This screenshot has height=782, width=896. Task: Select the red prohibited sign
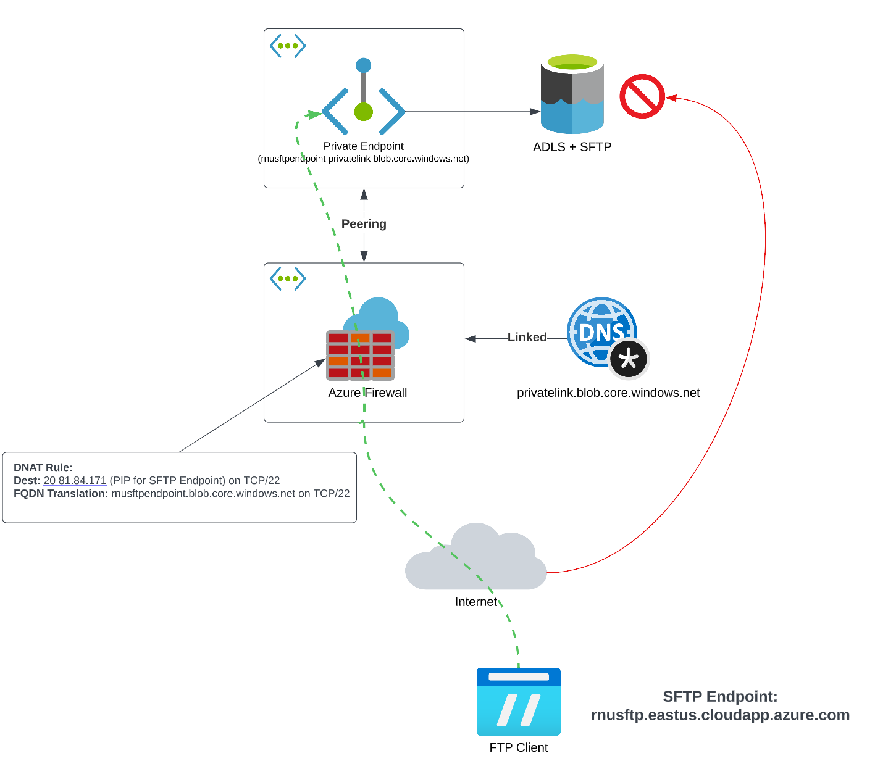(x=642, y=96)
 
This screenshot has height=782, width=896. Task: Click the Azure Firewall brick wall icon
(x=361, y=355)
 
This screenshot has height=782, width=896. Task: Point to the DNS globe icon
(x=600, y=333)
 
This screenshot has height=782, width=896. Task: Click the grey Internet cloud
(x=476, y=559)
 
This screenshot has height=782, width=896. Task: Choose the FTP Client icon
(x=519, y=702)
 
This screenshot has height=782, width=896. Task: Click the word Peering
(x=364, y=223)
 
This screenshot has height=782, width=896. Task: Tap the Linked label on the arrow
(x=527, y=337)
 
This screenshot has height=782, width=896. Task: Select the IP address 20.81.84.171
(x=75, y=480)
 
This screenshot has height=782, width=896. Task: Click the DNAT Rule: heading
(x=43, y=467)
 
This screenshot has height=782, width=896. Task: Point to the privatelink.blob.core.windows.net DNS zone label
(x=608, y=393)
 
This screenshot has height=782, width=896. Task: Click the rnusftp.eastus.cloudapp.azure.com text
(x=720, y=715)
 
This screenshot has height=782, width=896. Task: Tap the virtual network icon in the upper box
(x=288, y=46)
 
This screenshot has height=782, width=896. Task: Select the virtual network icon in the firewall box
(x=288, y=278)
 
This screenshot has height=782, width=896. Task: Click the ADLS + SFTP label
(x=572, y=147)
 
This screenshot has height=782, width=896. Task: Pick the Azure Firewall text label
(x=367, y=393)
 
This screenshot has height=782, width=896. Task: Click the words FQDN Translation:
(x=61, y=493)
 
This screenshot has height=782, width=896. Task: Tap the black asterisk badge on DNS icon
(x=629, y=359)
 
